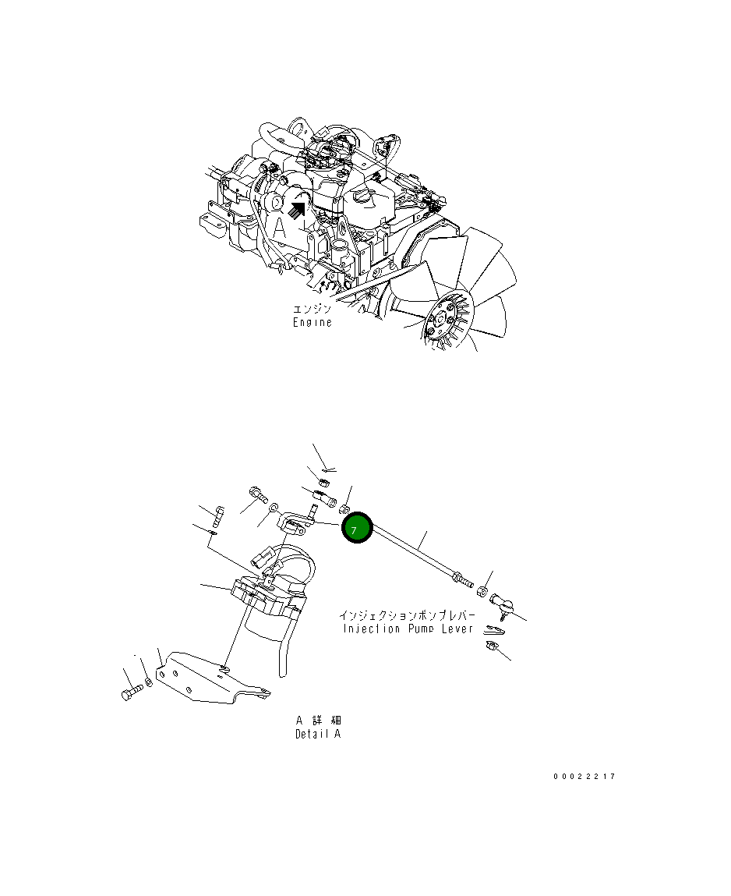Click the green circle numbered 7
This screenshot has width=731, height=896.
(357, 529)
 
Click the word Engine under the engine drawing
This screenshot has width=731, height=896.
(312, 323)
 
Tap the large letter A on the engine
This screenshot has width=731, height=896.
(279, 227)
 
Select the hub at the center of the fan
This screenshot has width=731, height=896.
(441, 320)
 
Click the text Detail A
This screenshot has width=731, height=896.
(317, 734)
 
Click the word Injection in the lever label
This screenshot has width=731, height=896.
(371, 629)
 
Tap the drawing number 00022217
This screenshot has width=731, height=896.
(584, 777)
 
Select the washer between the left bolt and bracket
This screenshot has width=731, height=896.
(149, 683)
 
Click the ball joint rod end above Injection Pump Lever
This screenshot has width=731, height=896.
(498, 603)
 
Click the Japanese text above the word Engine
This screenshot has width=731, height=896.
(312, 310)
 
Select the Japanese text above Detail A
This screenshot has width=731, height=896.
(317, 720)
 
